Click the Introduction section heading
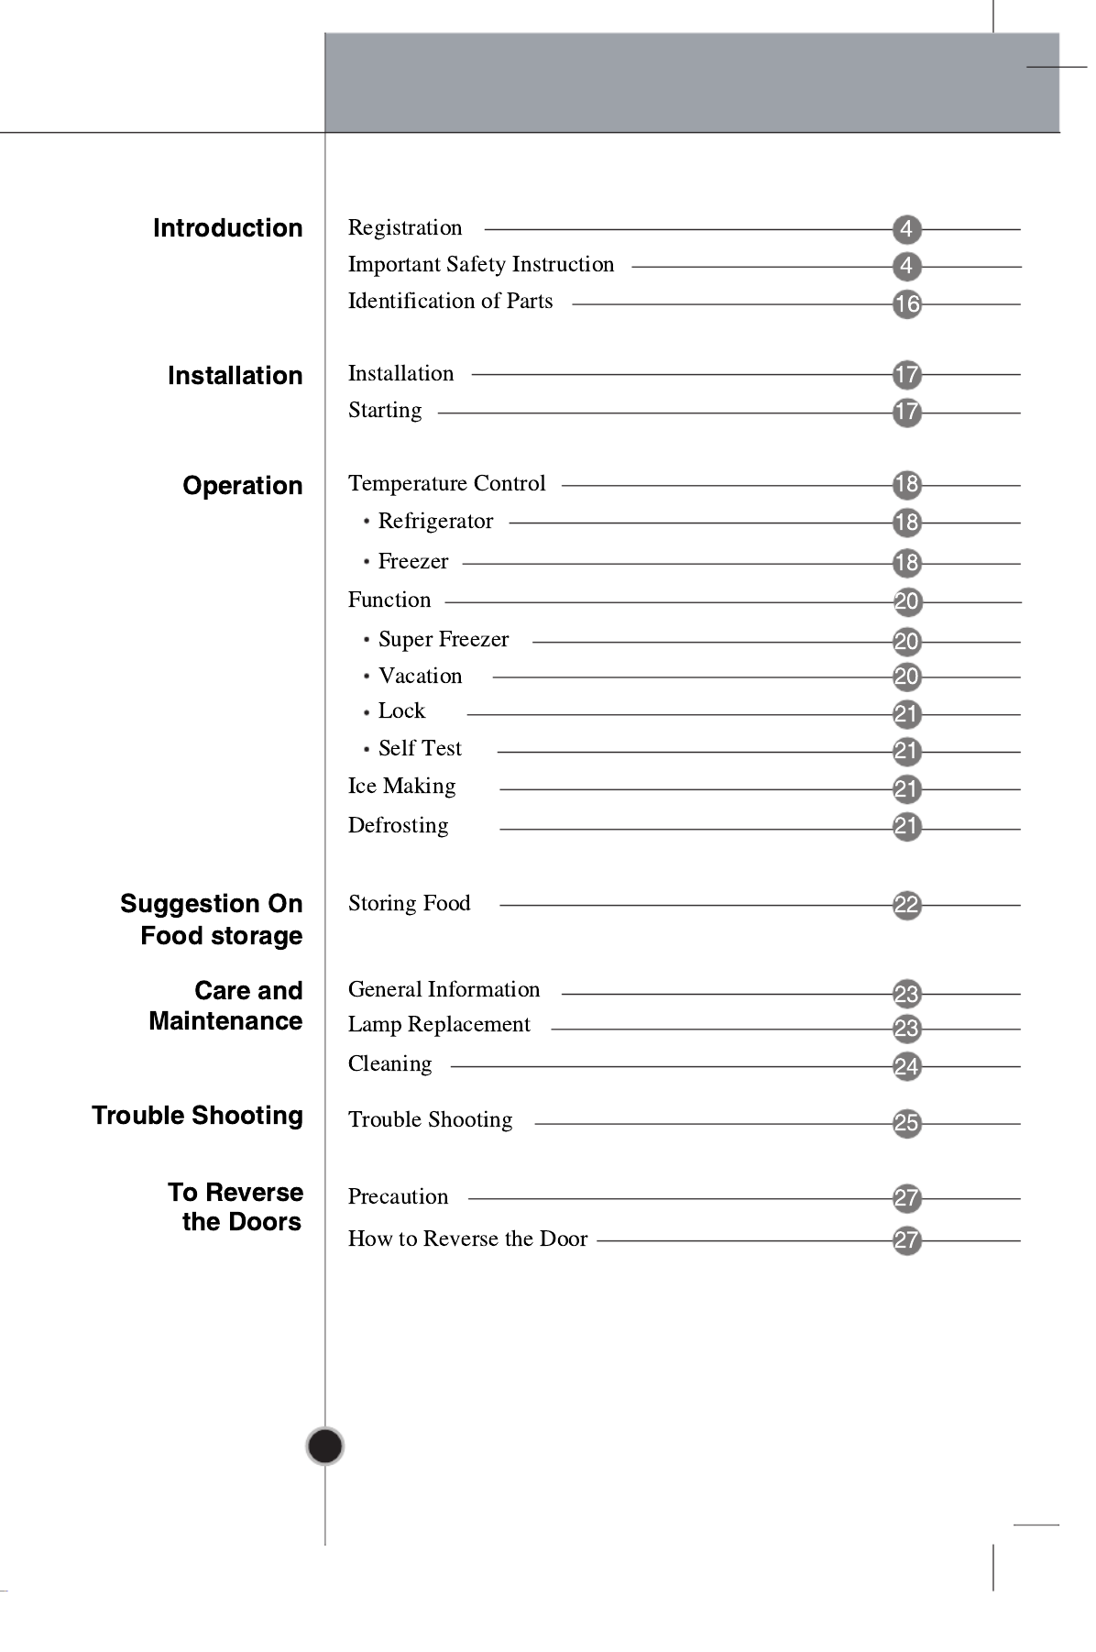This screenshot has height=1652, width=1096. pos(227,228)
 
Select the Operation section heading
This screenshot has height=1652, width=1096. pos(242,486)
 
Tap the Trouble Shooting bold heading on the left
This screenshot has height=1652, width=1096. pos(197,1116)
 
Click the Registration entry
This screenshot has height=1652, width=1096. pos(405,227)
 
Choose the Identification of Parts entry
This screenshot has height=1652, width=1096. pos(450,302)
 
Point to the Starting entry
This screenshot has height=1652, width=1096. pos(385,411)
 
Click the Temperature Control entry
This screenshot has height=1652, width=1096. pos(446,484)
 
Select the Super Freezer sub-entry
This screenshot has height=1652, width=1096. pos(443,640)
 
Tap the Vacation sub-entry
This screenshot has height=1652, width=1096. pos(420,677)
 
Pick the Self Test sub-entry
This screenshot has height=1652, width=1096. pos(420,749)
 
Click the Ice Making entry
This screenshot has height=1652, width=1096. pos(401,787)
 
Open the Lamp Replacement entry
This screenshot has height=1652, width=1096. pos(439,1025)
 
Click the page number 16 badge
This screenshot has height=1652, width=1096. pos(906,304)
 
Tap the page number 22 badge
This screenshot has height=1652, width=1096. pos(906,906)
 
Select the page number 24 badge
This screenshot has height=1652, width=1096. pos(906,1067)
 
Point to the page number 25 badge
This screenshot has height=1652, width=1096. pos(906,1124)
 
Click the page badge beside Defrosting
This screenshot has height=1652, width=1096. pos(906,827)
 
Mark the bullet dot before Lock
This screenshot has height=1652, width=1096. pos(367,712)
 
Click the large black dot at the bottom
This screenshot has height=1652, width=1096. pos(324,1447)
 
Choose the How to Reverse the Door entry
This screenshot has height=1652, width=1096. pos(467,1239)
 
